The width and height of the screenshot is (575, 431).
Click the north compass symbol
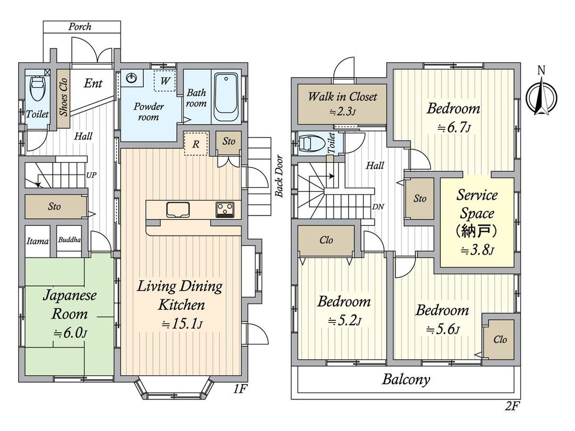pos(541,96)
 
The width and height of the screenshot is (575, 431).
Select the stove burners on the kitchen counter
pos(225,210)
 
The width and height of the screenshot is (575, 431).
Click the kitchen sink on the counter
pos(178,210)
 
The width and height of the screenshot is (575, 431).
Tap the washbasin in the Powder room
pos(132,79)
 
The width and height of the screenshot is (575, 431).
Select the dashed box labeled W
pos(165,81)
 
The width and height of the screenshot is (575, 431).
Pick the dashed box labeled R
pos(195,144)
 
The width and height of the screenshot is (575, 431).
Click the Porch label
pos(80,27)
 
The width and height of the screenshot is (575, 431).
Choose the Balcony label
pos(406,380)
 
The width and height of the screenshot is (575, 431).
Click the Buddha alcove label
pos(69,241)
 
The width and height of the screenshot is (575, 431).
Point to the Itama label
pos(38,241)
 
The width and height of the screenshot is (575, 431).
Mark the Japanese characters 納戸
pos(477,232)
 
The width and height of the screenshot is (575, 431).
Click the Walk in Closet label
pos(342,97)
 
